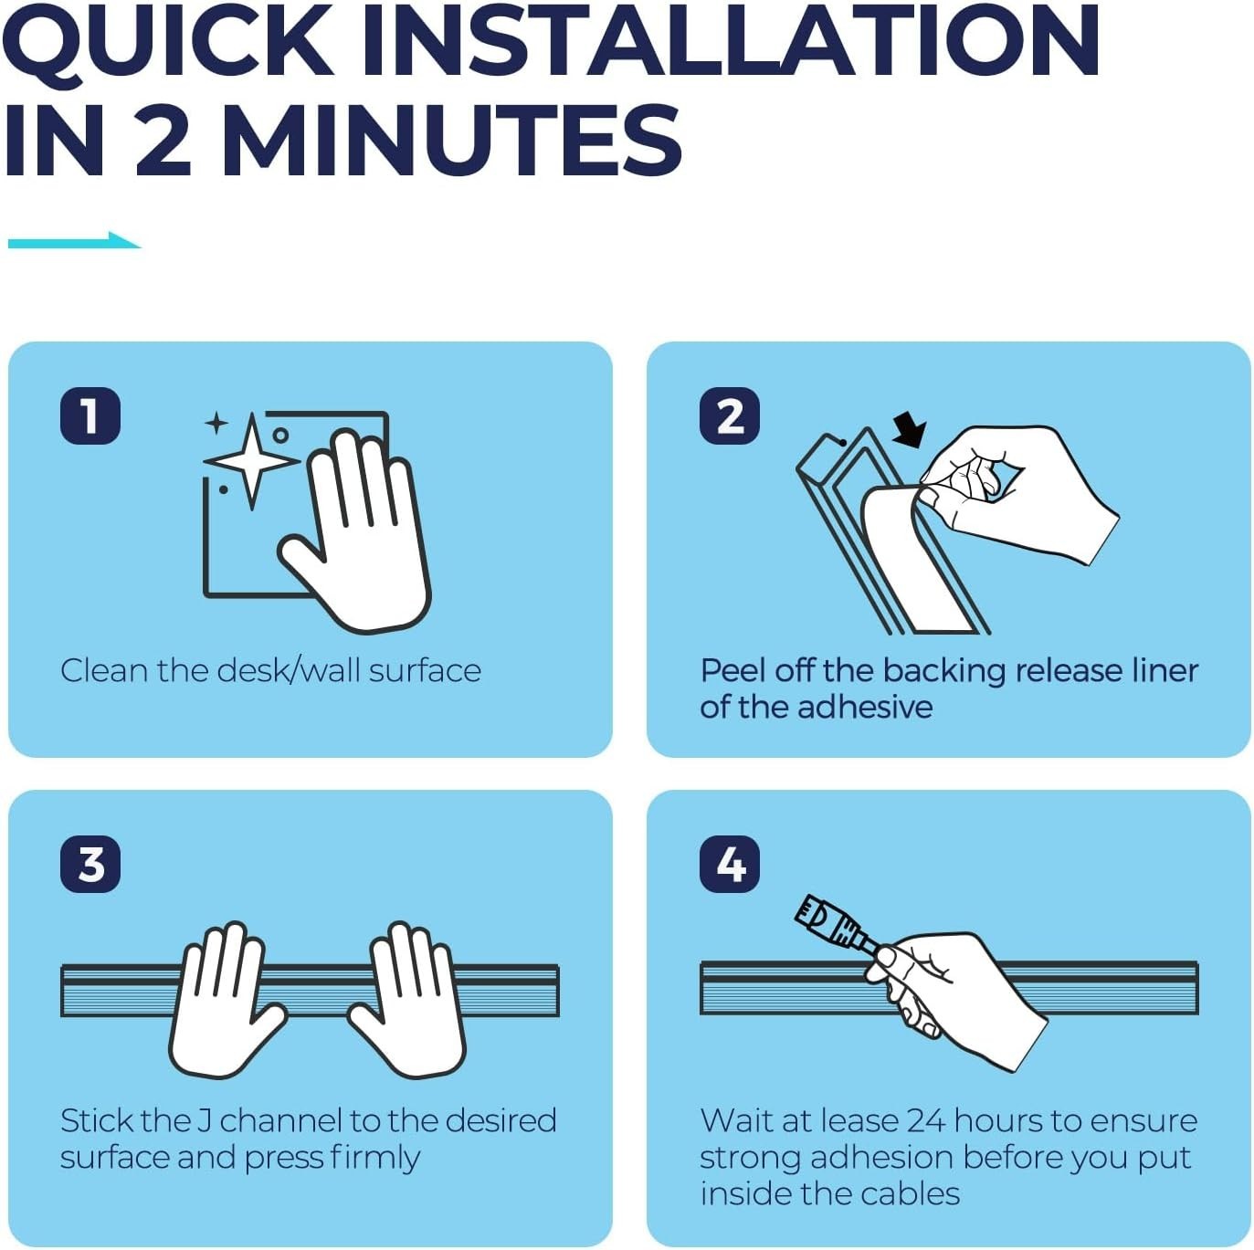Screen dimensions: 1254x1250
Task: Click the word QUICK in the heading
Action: coord(168,42)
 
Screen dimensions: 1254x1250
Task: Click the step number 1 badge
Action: coord(90,415)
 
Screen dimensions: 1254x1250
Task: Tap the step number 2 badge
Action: coord(730,415)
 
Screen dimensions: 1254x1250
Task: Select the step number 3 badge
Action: coord(90,864)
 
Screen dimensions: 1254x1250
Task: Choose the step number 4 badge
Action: coord(730,864)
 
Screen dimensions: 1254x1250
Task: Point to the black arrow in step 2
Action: coord(910,429)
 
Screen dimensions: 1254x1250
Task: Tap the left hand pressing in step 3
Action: coord(225,1000)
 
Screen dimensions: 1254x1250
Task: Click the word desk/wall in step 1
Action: coord(288,670)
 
